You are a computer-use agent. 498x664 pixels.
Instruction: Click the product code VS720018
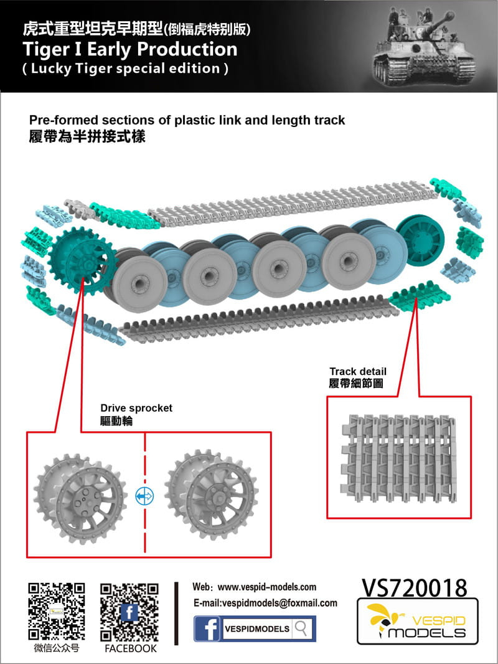pyautogui.click(x=414, y=587)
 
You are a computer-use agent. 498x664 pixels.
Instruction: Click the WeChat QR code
pyautogui.click(x=57, y=611)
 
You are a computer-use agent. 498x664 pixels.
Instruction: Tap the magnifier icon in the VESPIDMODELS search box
pyautogui.click(x=301, y=628)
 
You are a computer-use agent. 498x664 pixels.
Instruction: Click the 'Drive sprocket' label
pyautogui.click(x=136, y=408)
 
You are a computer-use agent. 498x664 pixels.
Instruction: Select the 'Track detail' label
pyautogui.click(x=358, y=372)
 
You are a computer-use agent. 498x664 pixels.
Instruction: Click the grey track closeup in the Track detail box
pyautogui.click(x=397, y=458)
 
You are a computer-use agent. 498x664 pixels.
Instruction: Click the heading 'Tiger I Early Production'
pyautogui.click(x=129, y=49)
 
